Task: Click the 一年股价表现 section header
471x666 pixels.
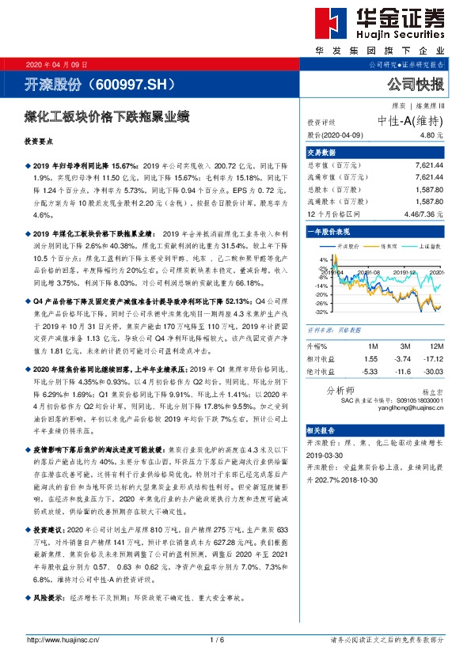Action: [328, 233]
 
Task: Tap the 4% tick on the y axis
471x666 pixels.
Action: [323, 259]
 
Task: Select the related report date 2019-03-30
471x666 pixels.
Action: [325, 456]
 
